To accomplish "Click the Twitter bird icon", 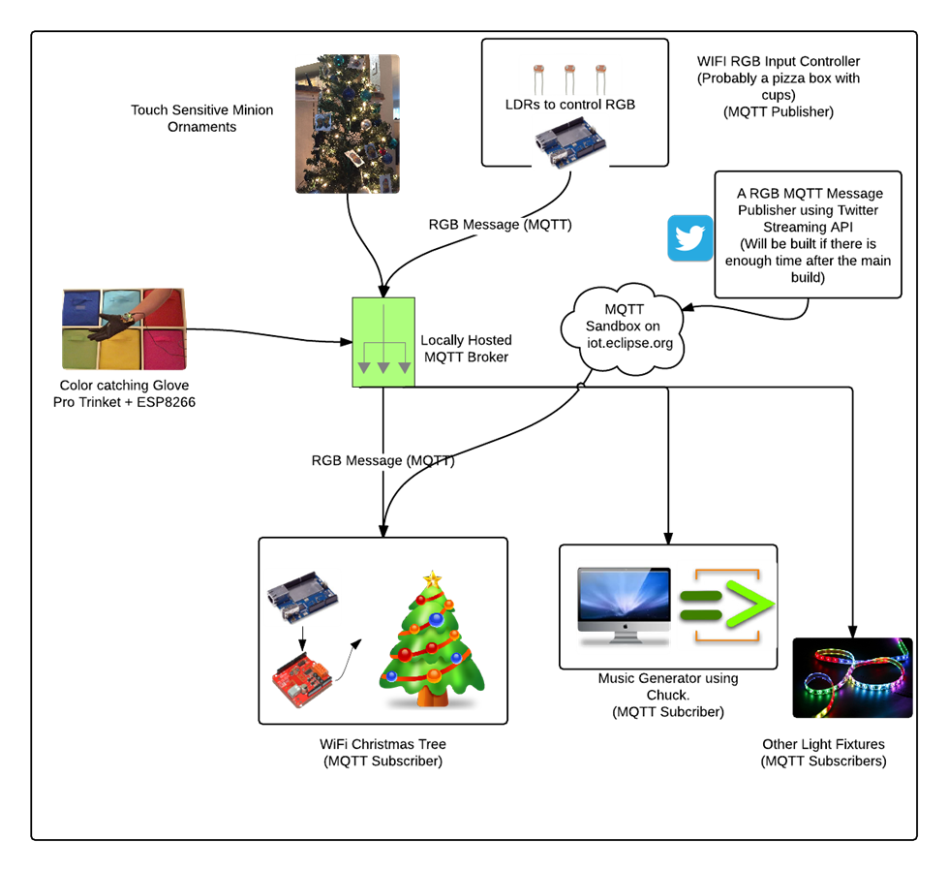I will pos(690,238).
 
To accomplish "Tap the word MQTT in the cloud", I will pos(624,309).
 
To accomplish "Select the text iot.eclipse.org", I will pos(629,343).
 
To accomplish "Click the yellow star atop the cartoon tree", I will pos(432,579).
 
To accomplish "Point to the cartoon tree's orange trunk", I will pos(433,697).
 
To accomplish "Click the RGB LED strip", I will pos(857,678).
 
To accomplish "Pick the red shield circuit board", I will pos(302,680).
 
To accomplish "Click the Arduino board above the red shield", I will pos(302,597).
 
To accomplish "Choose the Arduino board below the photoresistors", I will pos(570,142).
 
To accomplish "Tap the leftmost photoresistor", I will pos(539,75).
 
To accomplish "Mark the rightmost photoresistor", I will pos(600,75).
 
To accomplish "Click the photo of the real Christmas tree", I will pos(347,124).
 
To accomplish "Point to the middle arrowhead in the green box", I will pos(383,367).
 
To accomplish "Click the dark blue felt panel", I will pos(81,307).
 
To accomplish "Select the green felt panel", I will pos(81,351).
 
